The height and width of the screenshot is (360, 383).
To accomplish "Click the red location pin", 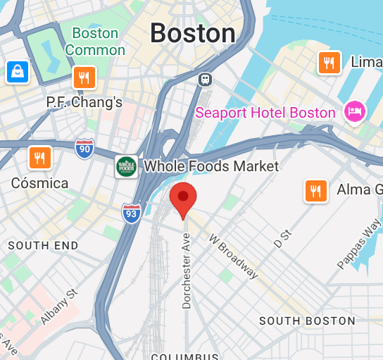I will point(183,198).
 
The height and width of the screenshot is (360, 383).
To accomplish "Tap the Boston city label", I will point(192,33).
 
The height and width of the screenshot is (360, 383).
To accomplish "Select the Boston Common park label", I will point(95,42).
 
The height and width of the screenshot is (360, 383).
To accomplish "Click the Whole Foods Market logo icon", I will point(126,167).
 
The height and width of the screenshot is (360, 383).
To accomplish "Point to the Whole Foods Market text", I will point(211,167).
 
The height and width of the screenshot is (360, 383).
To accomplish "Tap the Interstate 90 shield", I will point(84,149).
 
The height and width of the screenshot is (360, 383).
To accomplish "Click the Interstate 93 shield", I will point(131,213).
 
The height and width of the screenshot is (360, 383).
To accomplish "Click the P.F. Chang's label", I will point(84,102).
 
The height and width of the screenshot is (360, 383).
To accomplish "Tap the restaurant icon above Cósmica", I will point(39,158).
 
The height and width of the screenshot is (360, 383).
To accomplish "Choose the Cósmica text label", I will point(39,183).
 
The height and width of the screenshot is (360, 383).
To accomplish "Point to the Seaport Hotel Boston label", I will point(265,113).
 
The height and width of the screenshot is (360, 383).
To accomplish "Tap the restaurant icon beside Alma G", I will point(315,190).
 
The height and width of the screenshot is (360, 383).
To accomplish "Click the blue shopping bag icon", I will point(17,71).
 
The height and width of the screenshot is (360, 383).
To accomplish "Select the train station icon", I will point(205,79).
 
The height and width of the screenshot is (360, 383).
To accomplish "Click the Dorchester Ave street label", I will point(187,271).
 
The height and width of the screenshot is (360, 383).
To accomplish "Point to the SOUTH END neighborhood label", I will point(43,245).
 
